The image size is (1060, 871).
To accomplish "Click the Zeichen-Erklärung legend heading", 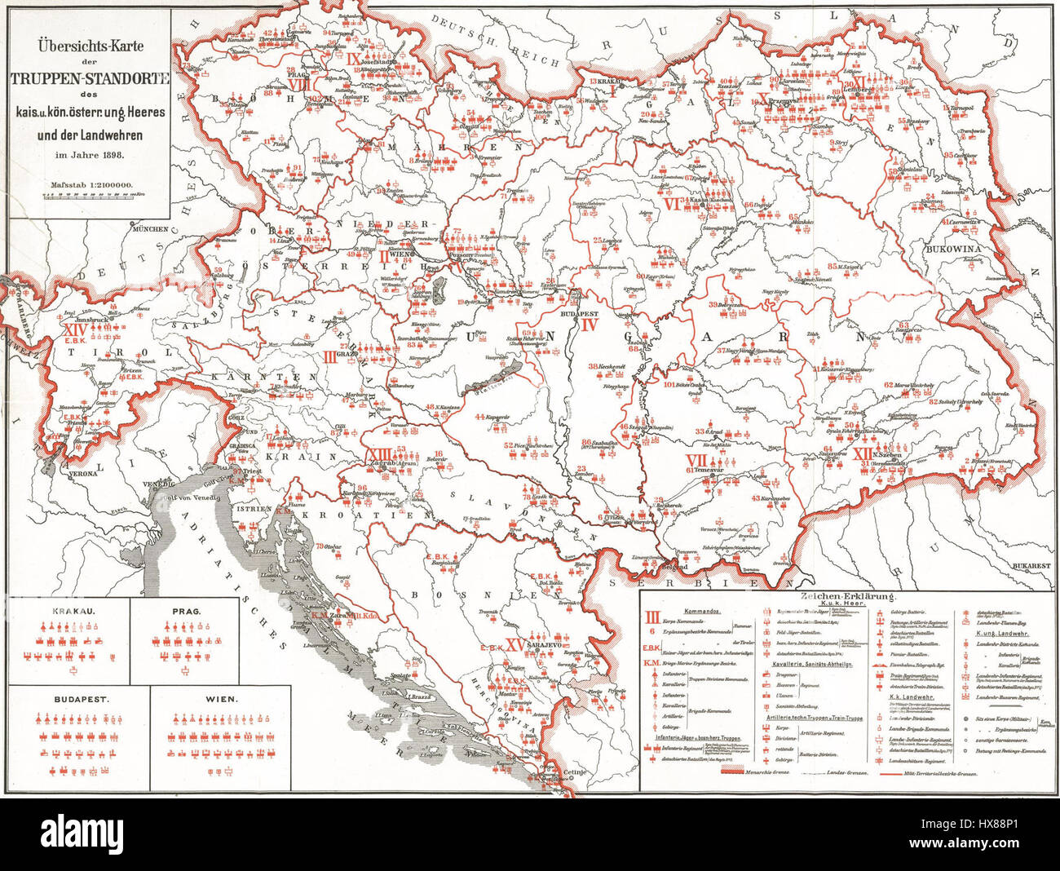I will pos(849,598).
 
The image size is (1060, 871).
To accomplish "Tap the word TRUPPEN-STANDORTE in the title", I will pos(91,79).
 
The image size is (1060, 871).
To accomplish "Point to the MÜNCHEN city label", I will pos(152,229).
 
